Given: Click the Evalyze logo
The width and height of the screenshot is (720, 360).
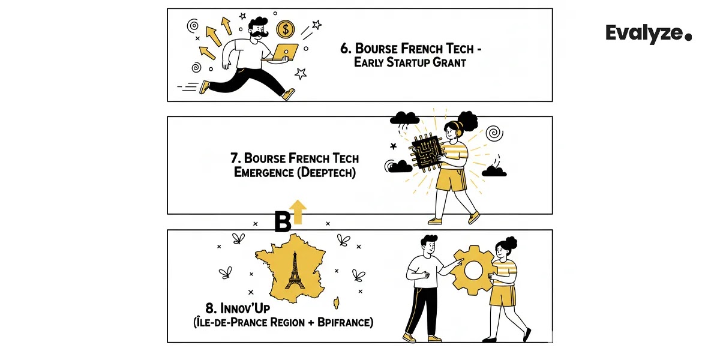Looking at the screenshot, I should pyautogui.click(x=648, y=34).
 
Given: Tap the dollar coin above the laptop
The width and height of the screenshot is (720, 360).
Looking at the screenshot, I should pyautogui.click(x=285, y=29).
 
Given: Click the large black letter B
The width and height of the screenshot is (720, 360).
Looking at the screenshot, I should pyautogui.click(x=283, y=221).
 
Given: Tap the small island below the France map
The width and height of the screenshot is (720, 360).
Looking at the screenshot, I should pyautogui.click(x=336, y=300).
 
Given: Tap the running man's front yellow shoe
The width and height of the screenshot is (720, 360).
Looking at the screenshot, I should pyautogui.click(x=289, y=95).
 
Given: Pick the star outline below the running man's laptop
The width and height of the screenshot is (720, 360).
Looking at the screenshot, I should pyautogui.click(x=301, y=73).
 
